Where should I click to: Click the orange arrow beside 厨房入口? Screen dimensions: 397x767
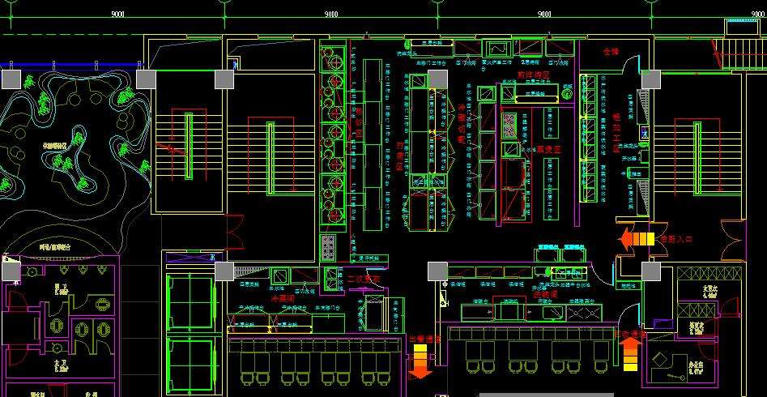(x=636, y=239)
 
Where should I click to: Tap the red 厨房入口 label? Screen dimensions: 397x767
(x=675, y=240)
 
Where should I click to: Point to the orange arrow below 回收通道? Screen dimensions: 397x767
(x=632, y=354)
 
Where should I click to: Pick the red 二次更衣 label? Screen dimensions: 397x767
(x=363, y=280)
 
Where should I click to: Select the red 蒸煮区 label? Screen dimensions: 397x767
(x=548, y=150)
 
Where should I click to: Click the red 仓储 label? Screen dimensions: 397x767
(x=611, y=52)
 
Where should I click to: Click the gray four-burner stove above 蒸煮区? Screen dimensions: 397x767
(x=510, y=123)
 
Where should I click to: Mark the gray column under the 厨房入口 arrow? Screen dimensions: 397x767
(x=651, y=271)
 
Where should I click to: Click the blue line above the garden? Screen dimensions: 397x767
(x=73, y=65)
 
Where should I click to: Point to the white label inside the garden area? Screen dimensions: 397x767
(x=56, y=145)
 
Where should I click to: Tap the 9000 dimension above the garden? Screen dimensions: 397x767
(x=117, y=14)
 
